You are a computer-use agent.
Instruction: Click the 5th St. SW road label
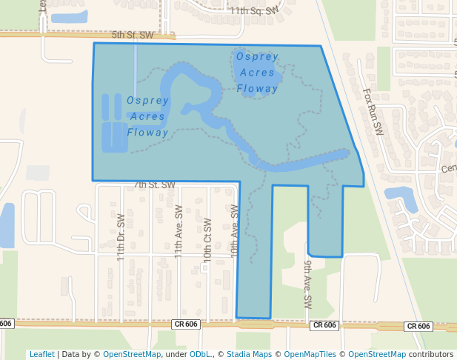click(133, 35)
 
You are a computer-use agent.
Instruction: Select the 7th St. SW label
click(154, 184)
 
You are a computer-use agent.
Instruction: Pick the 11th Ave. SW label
click(179, 231)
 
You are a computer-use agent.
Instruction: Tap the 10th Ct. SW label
click(207, 239)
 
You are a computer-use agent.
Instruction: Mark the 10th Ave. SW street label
click(234, 230)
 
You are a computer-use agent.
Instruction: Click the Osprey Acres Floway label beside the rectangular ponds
click(148, 116)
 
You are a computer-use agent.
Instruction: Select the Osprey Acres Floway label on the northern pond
click(258, 73)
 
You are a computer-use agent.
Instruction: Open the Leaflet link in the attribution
click(41, 354)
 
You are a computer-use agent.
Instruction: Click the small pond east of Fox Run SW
click(400, 196)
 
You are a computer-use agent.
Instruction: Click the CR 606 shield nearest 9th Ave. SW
click(324, 325)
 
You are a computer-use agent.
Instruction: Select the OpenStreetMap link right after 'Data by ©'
click(132, 354)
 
